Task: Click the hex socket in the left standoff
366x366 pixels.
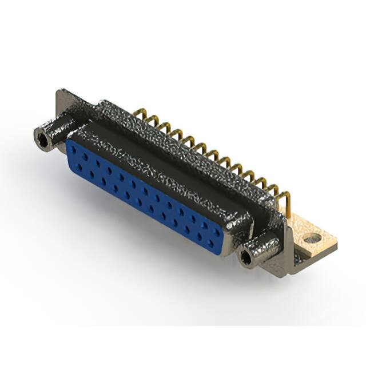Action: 42,137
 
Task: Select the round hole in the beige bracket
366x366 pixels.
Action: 311,238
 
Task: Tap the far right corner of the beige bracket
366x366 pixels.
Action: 336,245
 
